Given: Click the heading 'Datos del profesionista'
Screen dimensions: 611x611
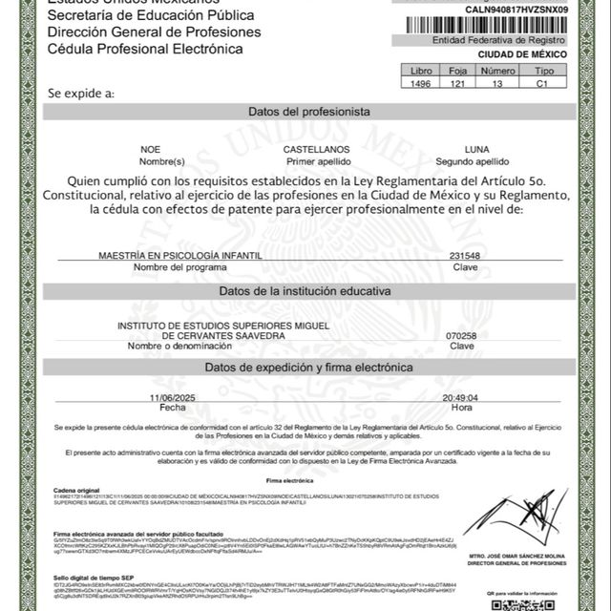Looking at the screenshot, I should (308, 112).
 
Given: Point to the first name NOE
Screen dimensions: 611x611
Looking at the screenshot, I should (151, 150).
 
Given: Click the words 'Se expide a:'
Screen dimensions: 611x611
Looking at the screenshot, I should (80, 93).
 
